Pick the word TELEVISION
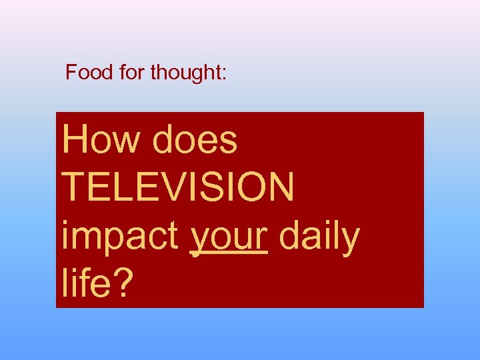click(177, 187)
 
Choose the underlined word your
click(229, 237)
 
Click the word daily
click(319, 237)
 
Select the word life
click(86, 283)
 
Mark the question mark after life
click(123, 283)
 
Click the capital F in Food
click(71, 72)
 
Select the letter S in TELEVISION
click(218, 187)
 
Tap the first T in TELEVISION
click(73, 187)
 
